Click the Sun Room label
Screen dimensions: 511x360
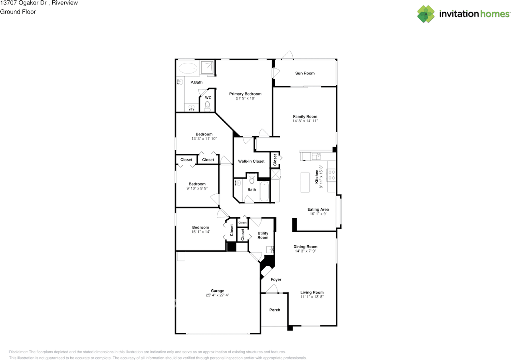pyautogui.click(x=305, y=73)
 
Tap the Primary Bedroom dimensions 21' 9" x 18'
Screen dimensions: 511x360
pyautogui.click(x=245, y=98)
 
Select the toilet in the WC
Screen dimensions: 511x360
pyautogui.click(x=207, y=107)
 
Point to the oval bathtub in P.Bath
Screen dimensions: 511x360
pyautogui.click(x=188, y=68)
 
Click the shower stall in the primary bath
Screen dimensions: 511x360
pyautogui.click(x=207, y=68)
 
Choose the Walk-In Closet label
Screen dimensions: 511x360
pyautogui.click(x=251, y=161)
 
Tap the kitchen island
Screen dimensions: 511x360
pyautogui.click(x=305, y=182)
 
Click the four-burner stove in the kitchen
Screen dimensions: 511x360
pyautogui.click(x=331, y=175)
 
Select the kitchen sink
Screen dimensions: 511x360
pyautogui.click(x=316, y=156)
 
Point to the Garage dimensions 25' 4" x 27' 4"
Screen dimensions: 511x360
pyautogui.click(x=218, y=295)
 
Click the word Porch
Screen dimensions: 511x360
pyautogui.click(x=275, y=310)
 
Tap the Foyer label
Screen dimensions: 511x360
pyautogui.click(x=276, y=279)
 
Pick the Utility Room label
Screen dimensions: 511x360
pyautogui.click(x=263, y=235)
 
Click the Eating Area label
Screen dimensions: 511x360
pyautogui.click(x=318, y=209)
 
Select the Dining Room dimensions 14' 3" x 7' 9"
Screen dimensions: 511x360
pyautogui.click(x=305, y=251)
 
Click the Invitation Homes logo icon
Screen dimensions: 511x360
pyautogui.click(x=426, y=14)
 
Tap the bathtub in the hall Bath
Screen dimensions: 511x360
pyautogui.click(x=264, y=191)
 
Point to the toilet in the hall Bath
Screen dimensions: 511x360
pyautogui.click(x=252, y=179)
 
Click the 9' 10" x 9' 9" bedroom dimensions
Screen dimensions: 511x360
pyautogui.click(x=197, y=188)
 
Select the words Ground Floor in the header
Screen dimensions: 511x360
pyautogui.click(x=18, y=12)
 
